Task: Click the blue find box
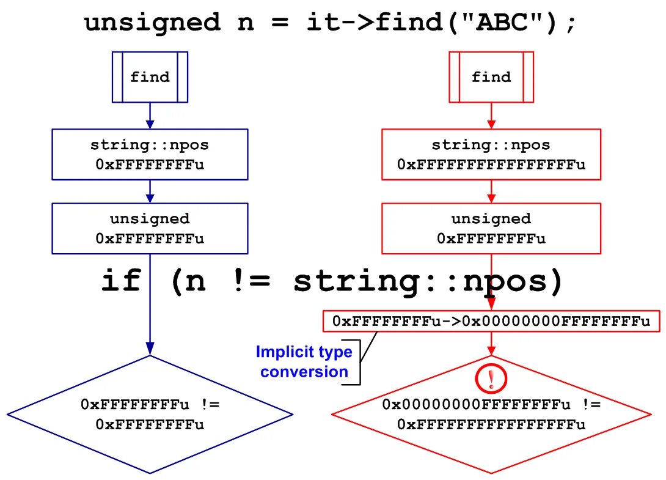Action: point(150,77)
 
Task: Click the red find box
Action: point(491,77)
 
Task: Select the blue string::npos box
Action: point(150,155)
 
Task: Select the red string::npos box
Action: point(491,155)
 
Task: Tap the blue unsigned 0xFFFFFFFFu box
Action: point(150,228)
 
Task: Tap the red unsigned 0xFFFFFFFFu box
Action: point(491,228)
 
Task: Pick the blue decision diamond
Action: point(150,415)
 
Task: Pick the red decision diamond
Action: point(491,415)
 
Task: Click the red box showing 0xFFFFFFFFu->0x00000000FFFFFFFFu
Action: point(491,321)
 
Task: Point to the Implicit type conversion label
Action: point(304,362)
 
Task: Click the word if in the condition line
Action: point(121,282)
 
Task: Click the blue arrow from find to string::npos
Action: point(150,116)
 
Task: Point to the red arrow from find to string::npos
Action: point(491,116)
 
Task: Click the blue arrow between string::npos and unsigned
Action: point(150,191)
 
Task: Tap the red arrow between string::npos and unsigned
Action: point(491,191)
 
